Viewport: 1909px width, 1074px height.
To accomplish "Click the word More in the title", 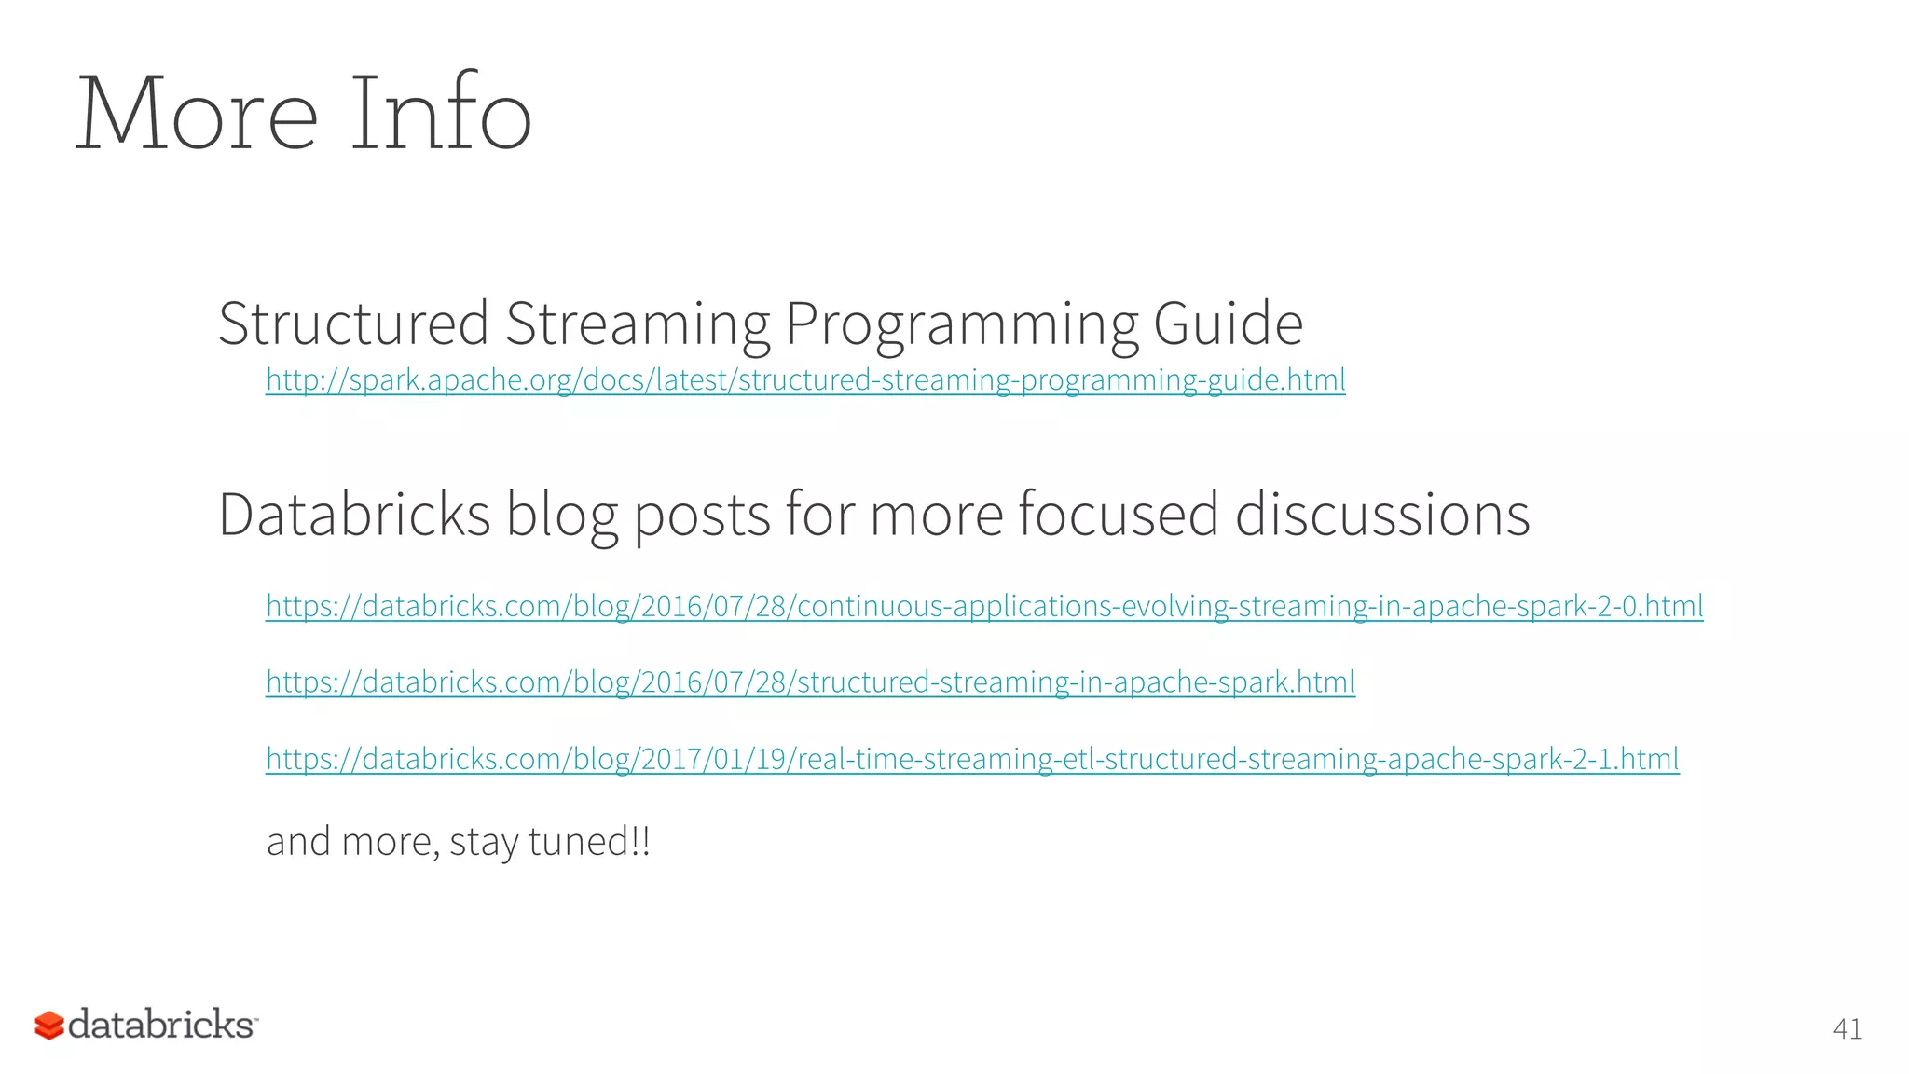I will pyautogui.click(x=197, y=115).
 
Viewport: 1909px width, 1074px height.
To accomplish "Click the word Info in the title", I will pyautogui.click(x=440, y=115).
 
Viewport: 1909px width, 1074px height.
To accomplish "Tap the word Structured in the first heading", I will pyautogui.click(x=353, y=324).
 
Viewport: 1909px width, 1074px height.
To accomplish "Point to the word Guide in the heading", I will pyautogui.click(x=1228, y=324).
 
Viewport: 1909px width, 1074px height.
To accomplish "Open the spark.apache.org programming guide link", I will pyautogui.click(x=805, y=380).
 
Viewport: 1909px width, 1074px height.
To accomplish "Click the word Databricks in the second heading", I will pyautogui.click(x=354, y=515).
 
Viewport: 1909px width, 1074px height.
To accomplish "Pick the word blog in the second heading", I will pyautogui.click(x=562, y=516).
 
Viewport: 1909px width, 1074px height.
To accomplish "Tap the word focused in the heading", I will pyautogui.click(x=1119, y=515).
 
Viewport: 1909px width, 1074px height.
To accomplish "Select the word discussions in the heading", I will pyautogui.click(x=1382, y=515).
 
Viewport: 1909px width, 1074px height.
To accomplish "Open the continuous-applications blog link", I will pyautogui.click(x=984, y=607).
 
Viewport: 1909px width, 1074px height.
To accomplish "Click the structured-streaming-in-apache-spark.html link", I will pyautogui.click(x=810, y=682).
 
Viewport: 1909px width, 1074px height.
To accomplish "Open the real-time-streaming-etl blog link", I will pyautogui.click(x=972, y=759).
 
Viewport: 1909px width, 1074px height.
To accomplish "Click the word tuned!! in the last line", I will pyautogui.click(x=589, y=841).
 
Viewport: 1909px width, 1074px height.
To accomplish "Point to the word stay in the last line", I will pyautogui.click(x=484, y=843).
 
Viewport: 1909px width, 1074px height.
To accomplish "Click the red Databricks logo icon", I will pyautogui.click(x=49, y=1026).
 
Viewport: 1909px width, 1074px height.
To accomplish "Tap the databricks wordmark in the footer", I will pyautogui.click(x=161, y=1024).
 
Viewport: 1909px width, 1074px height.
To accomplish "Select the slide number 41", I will pyautogui.click(x=1847, y=1029).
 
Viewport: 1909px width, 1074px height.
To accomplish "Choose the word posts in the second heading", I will pyautogui.click(x=702, y=516).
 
